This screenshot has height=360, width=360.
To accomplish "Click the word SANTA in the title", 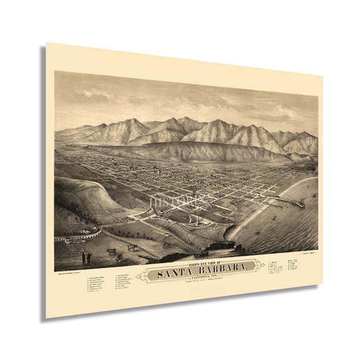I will (167, 271).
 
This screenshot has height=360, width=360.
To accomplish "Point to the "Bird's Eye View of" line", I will (193, 262).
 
